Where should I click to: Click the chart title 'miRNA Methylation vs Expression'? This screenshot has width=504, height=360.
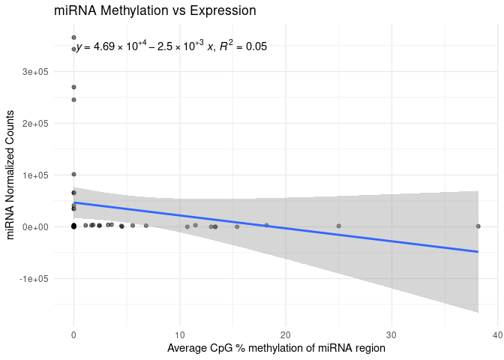tap(155, 11)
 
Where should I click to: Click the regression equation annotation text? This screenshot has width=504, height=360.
tap(172, 46)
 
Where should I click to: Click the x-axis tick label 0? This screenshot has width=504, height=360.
tap(73, 334)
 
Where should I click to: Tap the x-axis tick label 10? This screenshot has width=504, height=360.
tap(179, 334)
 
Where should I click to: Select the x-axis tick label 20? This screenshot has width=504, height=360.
tap(286, 334)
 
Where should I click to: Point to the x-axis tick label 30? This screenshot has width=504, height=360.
tap(391, 334)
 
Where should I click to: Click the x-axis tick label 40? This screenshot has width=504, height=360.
tap(497, 334)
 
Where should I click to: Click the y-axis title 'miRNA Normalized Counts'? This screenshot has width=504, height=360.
tap(11, 175)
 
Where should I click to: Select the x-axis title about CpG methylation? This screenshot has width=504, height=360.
tap(276, 349)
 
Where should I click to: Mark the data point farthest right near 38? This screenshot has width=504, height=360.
tap(478, 226)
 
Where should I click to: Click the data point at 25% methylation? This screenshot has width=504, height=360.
tap(338, 226)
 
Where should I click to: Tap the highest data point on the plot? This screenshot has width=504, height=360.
tap(73, 37)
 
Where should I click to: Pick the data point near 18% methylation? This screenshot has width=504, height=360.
tap(266, 225)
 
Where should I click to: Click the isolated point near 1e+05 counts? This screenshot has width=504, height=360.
tap(73, 174)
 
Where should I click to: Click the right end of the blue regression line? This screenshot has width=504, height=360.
tap(478, 251)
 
